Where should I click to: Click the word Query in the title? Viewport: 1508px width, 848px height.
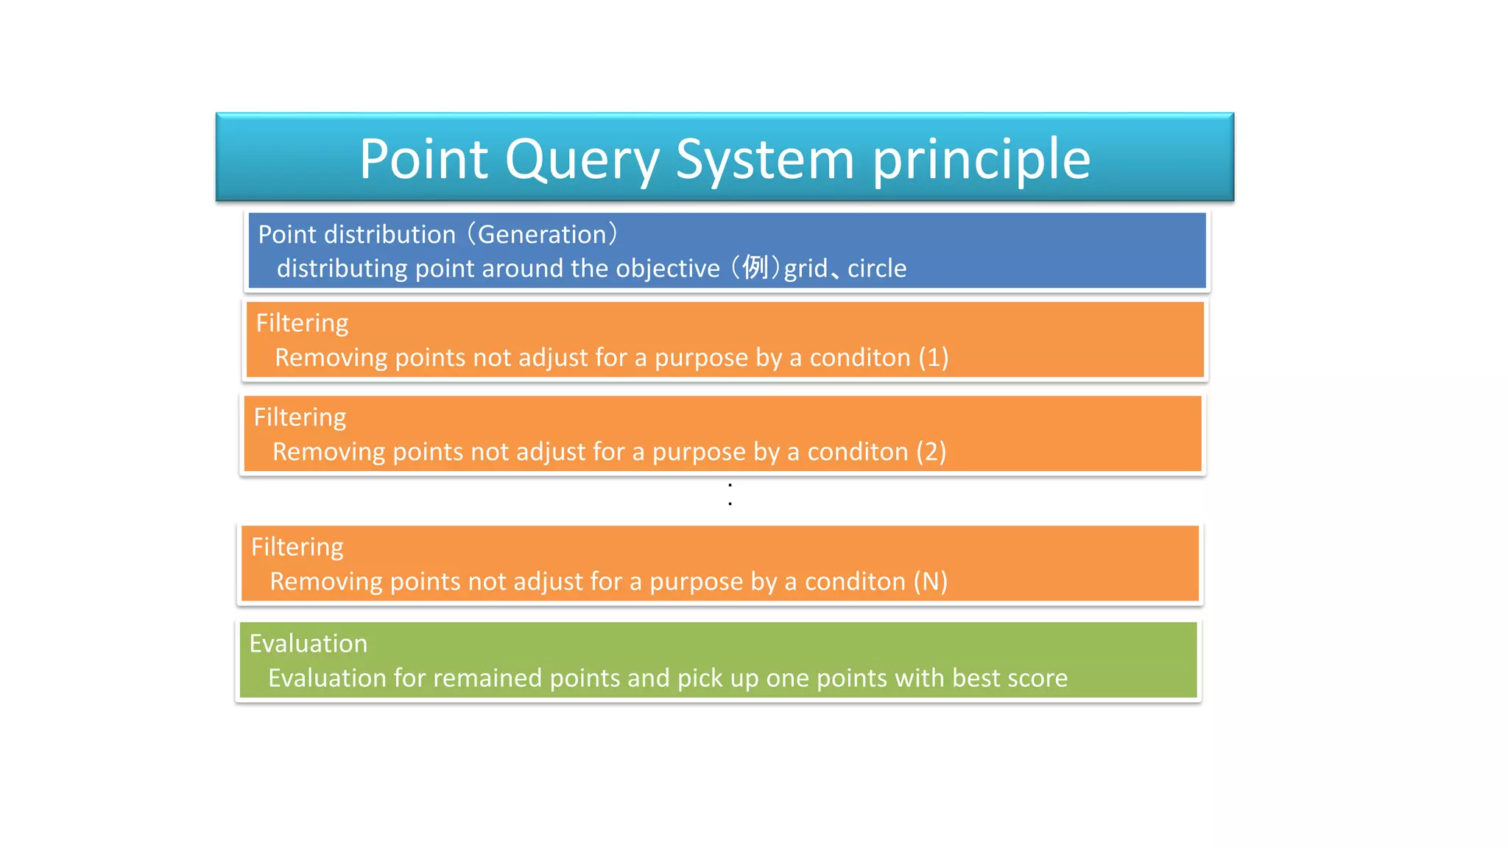point(582,160)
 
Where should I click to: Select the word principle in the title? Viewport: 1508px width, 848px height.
point(981,160)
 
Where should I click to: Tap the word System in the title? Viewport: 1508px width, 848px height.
point(764,160)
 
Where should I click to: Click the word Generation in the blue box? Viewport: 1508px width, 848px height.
point(542,234)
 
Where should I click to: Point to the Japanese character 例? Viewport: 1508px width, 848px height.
point(755,267)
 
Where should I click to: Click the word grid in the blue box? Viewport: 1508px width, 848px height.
point(806,268)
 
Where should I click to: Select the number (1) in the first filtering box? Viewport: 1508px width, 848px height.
point(933,357)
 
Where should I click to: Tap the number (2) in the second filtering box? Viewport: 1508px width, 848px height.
point(931,451)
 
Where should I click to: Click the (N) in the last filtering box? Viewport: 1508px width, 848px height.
point(930,582)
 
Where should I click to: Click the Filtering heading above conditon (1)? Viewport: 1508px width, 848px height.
point(302,323)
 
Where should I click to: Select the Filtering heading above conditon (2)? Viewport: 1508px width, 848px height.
point(300,417)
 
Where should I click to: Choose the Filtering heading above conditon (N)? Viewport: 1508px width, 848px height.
point(297,547)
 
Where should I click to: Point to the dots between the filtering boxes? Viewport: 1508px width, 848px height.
point(730,494)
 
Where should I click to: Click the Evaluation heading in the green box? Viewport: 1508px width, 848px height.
point(308,643)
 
